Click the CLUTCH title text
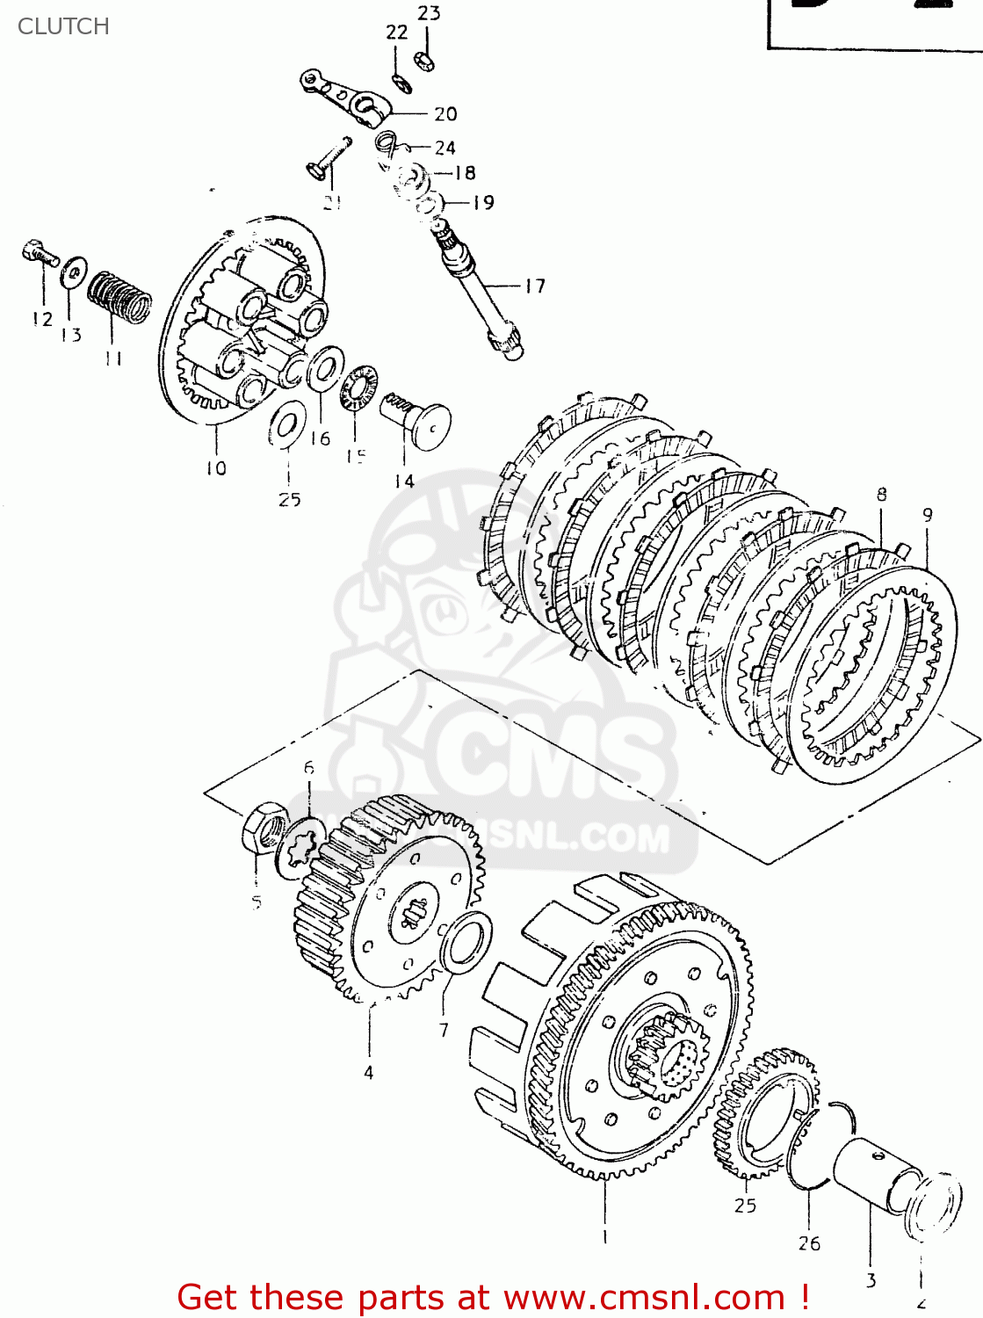tap(63, 26)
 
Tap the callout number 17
tap(535, 286)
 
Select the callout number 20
tap(445, 113)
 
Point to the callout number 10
tap(216, 468)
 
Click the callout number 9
tap(928, 515)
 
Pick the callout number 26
tap(809, 1242)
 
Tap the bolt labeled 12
tap(39, 254)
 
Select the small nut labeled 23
tap(424, 61)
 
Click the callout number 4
tap(368, 1072)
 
